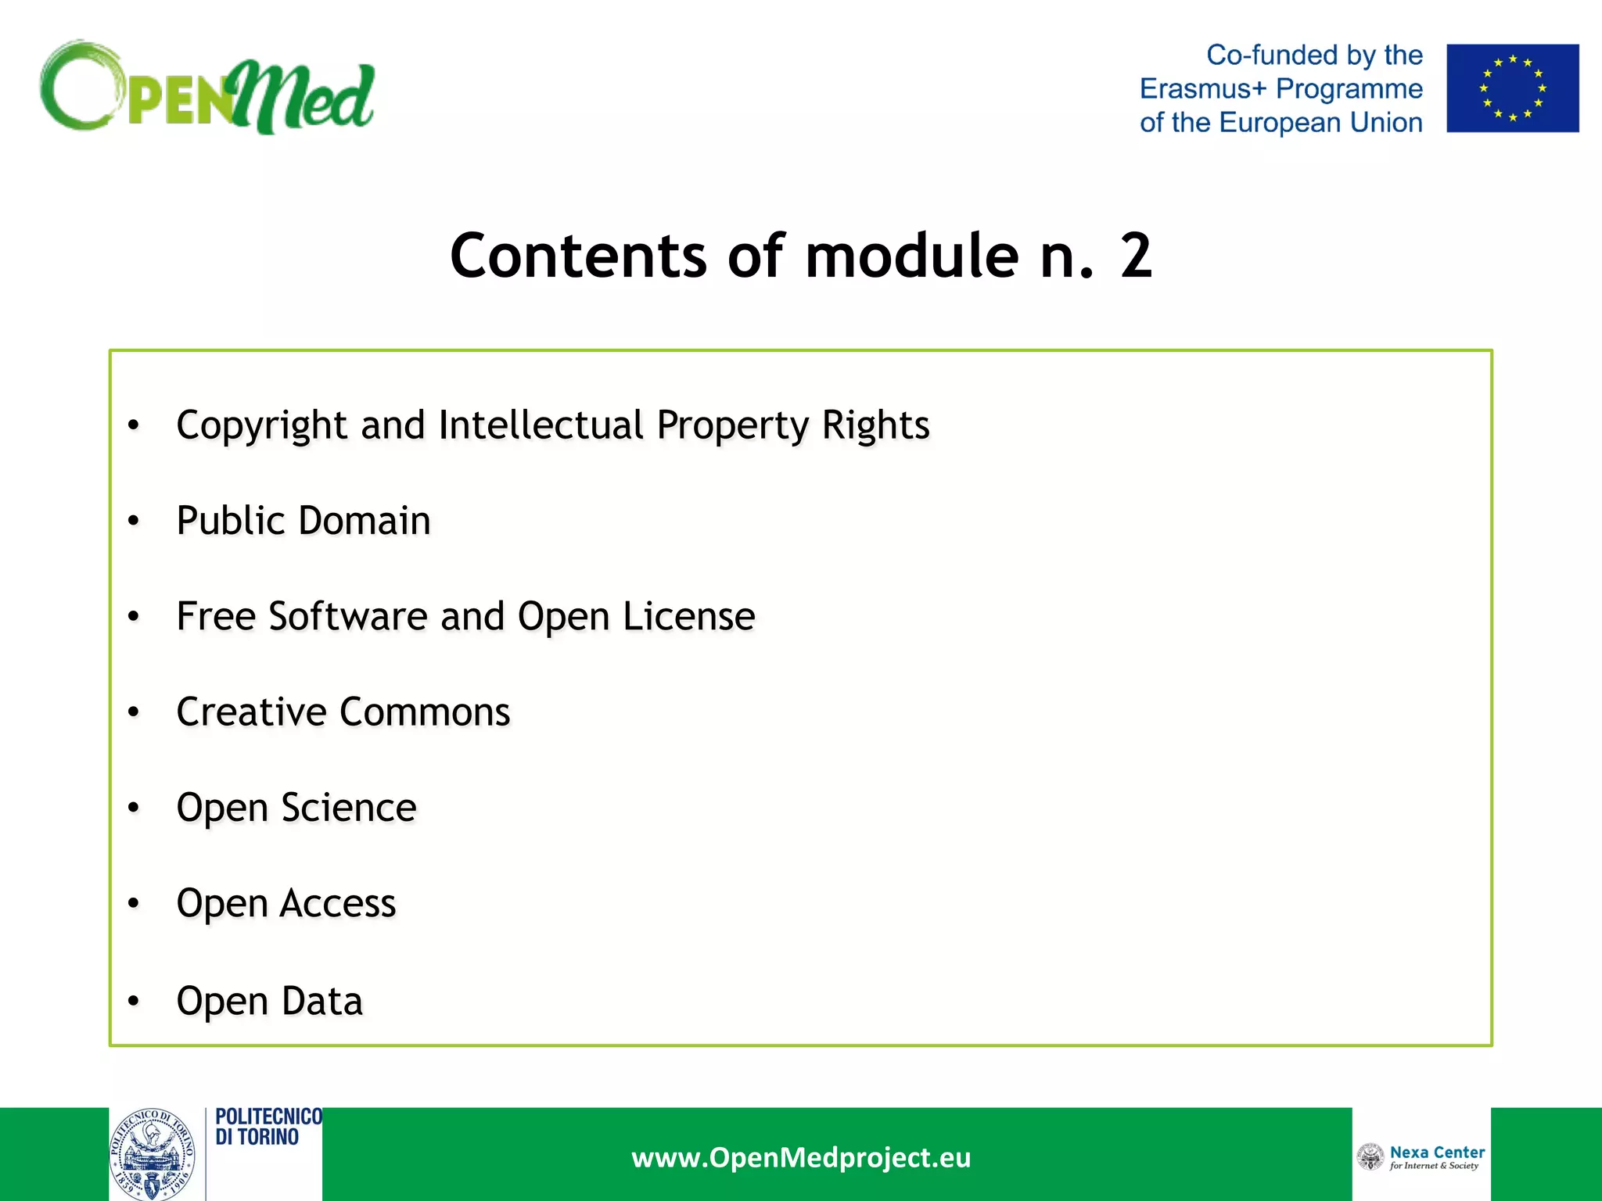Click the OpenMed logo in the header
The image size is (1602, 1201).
207,88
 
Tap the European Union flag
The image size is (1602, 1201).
1512,88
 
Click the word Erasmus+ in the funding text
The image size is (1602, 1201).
1202,89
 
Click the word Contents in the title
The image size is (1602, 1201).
578,256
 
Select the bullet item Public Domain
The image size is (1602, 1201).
304,521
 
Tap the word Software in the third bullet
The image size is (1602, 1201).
347,616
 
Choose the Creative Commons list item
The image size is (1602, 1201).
343,712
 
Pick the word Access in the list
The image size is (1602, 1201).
338,904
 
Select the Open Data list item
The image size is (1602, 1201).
270,1001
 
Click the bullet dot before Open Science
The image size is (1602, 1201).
134,808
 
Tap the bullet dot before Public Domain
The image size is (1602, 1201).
134,521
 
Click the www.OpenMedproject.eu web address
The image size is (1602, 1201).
801,1157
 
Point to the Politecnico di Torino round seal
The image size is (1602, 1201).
153,1154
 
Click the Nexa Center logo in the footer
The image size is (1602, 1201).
1421,1156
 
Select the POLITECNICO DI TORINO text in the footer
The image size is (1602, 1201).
268,1127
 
